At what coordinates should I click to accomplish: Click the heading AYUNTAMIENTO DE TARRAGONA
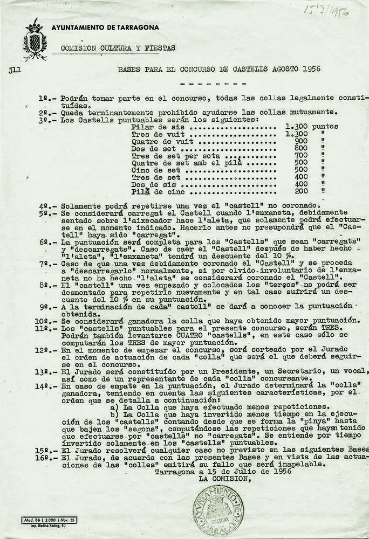pos(105,27)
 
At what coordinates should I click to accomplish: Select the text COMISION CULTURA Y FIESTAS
pos(118,48)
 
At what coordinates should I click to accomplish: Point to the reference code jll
pos(14,70)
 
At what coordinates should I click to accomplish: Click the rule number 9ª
pos(45,306)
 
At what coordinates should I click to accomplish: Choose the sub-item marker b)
pos(114,414)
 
